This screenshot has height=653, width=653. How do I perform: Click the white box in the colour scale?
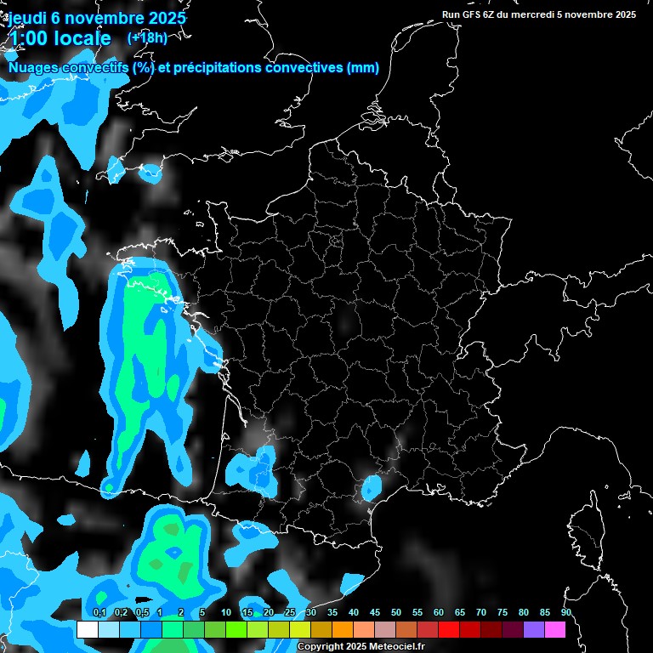pyautogui.click(x=87, y=630)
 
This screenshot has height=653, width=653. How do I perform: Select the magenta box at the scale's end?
pyautogui.click(x=555, y=630)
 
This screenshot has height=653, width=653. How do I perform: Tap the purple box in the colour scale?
pyautogui.click(x=534, y=630)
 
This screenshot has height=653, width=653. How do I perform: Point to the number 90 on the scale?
pyautogui.click(x=566, y=612)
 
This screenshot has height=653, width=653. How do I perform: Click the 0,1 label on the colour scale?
pyautogui.click(x=99, y=612)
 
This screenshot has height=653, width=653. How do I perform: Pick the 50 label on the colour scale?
pyautogui.click(x=396, y=612)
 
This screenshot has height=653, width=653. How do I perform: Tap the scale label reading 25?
pyautogui.click(x=290, y=612)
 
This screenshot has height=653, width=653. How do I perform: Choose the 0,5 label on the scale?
pyautogui.click(x=142, y=612)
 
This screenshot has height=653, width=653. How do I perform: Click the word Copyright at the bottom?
pyautogui.click(x=321, y=647)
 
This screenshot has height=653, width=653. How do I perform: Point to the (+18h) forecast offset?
pyautogui.click(x=147, y=37)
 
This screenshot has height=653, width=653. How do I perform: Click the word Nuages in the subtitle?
pyautogui.click(x=33, y=68)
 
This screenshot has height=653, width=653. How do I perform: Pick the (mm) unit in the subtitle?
pyautogui.click(x=363, y=68)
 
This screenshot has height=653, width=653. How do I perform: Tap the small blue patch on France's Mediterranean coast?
pyautogui.click(x=372, y=487)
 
